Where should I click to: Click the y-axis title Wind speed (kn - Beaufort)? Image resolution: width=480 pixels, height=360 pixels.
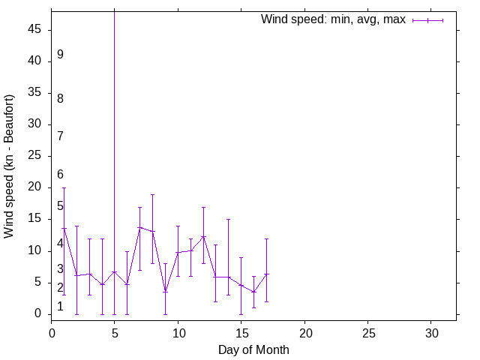coord(9,166)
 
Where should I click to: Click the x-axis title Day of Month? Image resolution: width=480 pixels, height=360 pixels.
coord(253,349)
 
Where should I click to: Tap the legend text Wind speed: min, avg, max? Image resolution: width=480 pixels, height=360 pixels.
coord(333,19)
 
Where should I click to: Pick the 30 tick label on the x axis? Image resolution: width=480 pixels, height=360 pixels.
coord(430,331)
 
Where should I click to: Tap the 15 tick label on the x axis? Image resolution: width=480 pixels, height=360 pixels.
coord(241,331)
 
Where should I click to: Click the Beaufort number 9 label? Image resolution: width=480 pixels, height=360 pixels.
coord(60,55)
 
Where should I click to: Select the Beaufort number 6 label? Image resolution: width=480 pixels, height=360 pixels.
coord(60,174)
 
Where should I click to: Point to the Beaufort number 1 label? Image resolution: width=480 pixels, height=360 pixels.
coord(60,306)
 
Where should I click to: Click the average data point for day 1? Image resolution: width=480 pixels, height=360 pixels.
coord(64,228)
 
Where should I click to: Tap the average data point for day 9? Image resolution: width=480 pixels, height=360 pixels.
coord(165,291)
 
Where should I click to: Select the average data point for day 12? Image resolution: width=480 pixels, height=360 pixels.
coord(203,237)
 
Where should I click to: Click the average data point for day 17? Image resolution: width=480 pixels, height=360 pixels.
coord(266,274)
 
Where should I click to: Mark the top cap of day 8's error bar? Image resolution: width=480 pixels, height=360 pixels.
coord(152,194)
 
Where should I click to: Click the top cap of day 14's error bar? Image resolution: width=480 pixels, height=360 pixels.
coord(228,220)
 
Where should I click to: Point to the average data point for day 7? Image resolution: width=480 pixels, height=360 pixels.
coord(139,227)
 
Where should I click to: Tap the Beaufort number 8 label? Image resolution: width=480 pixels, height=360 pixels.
coord(60,98)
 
